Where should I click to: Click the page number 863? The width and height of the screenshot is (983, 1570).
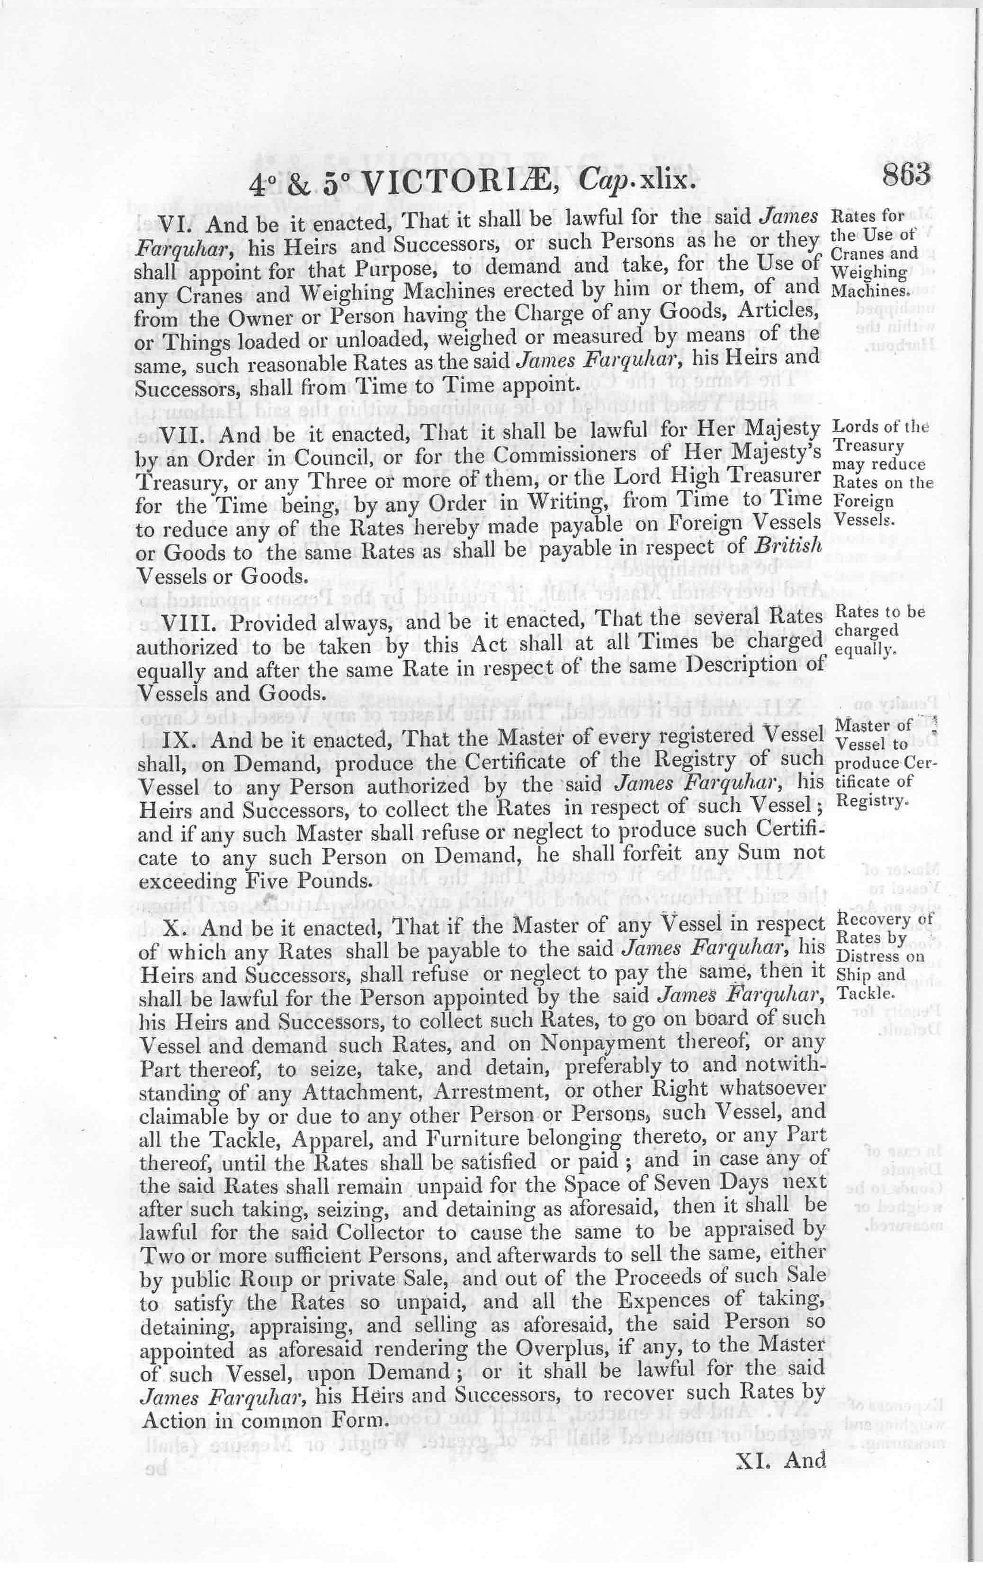pos(907,176)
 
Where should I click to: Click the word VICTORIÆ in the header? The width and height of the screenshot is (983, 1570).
pos(455,185)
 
